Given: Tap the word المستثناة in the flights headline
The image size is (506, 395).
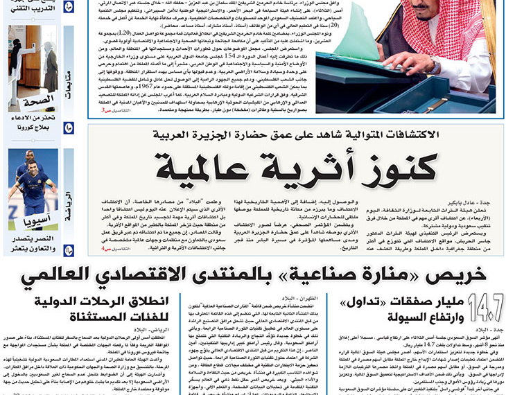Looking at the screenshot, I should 125,320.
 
